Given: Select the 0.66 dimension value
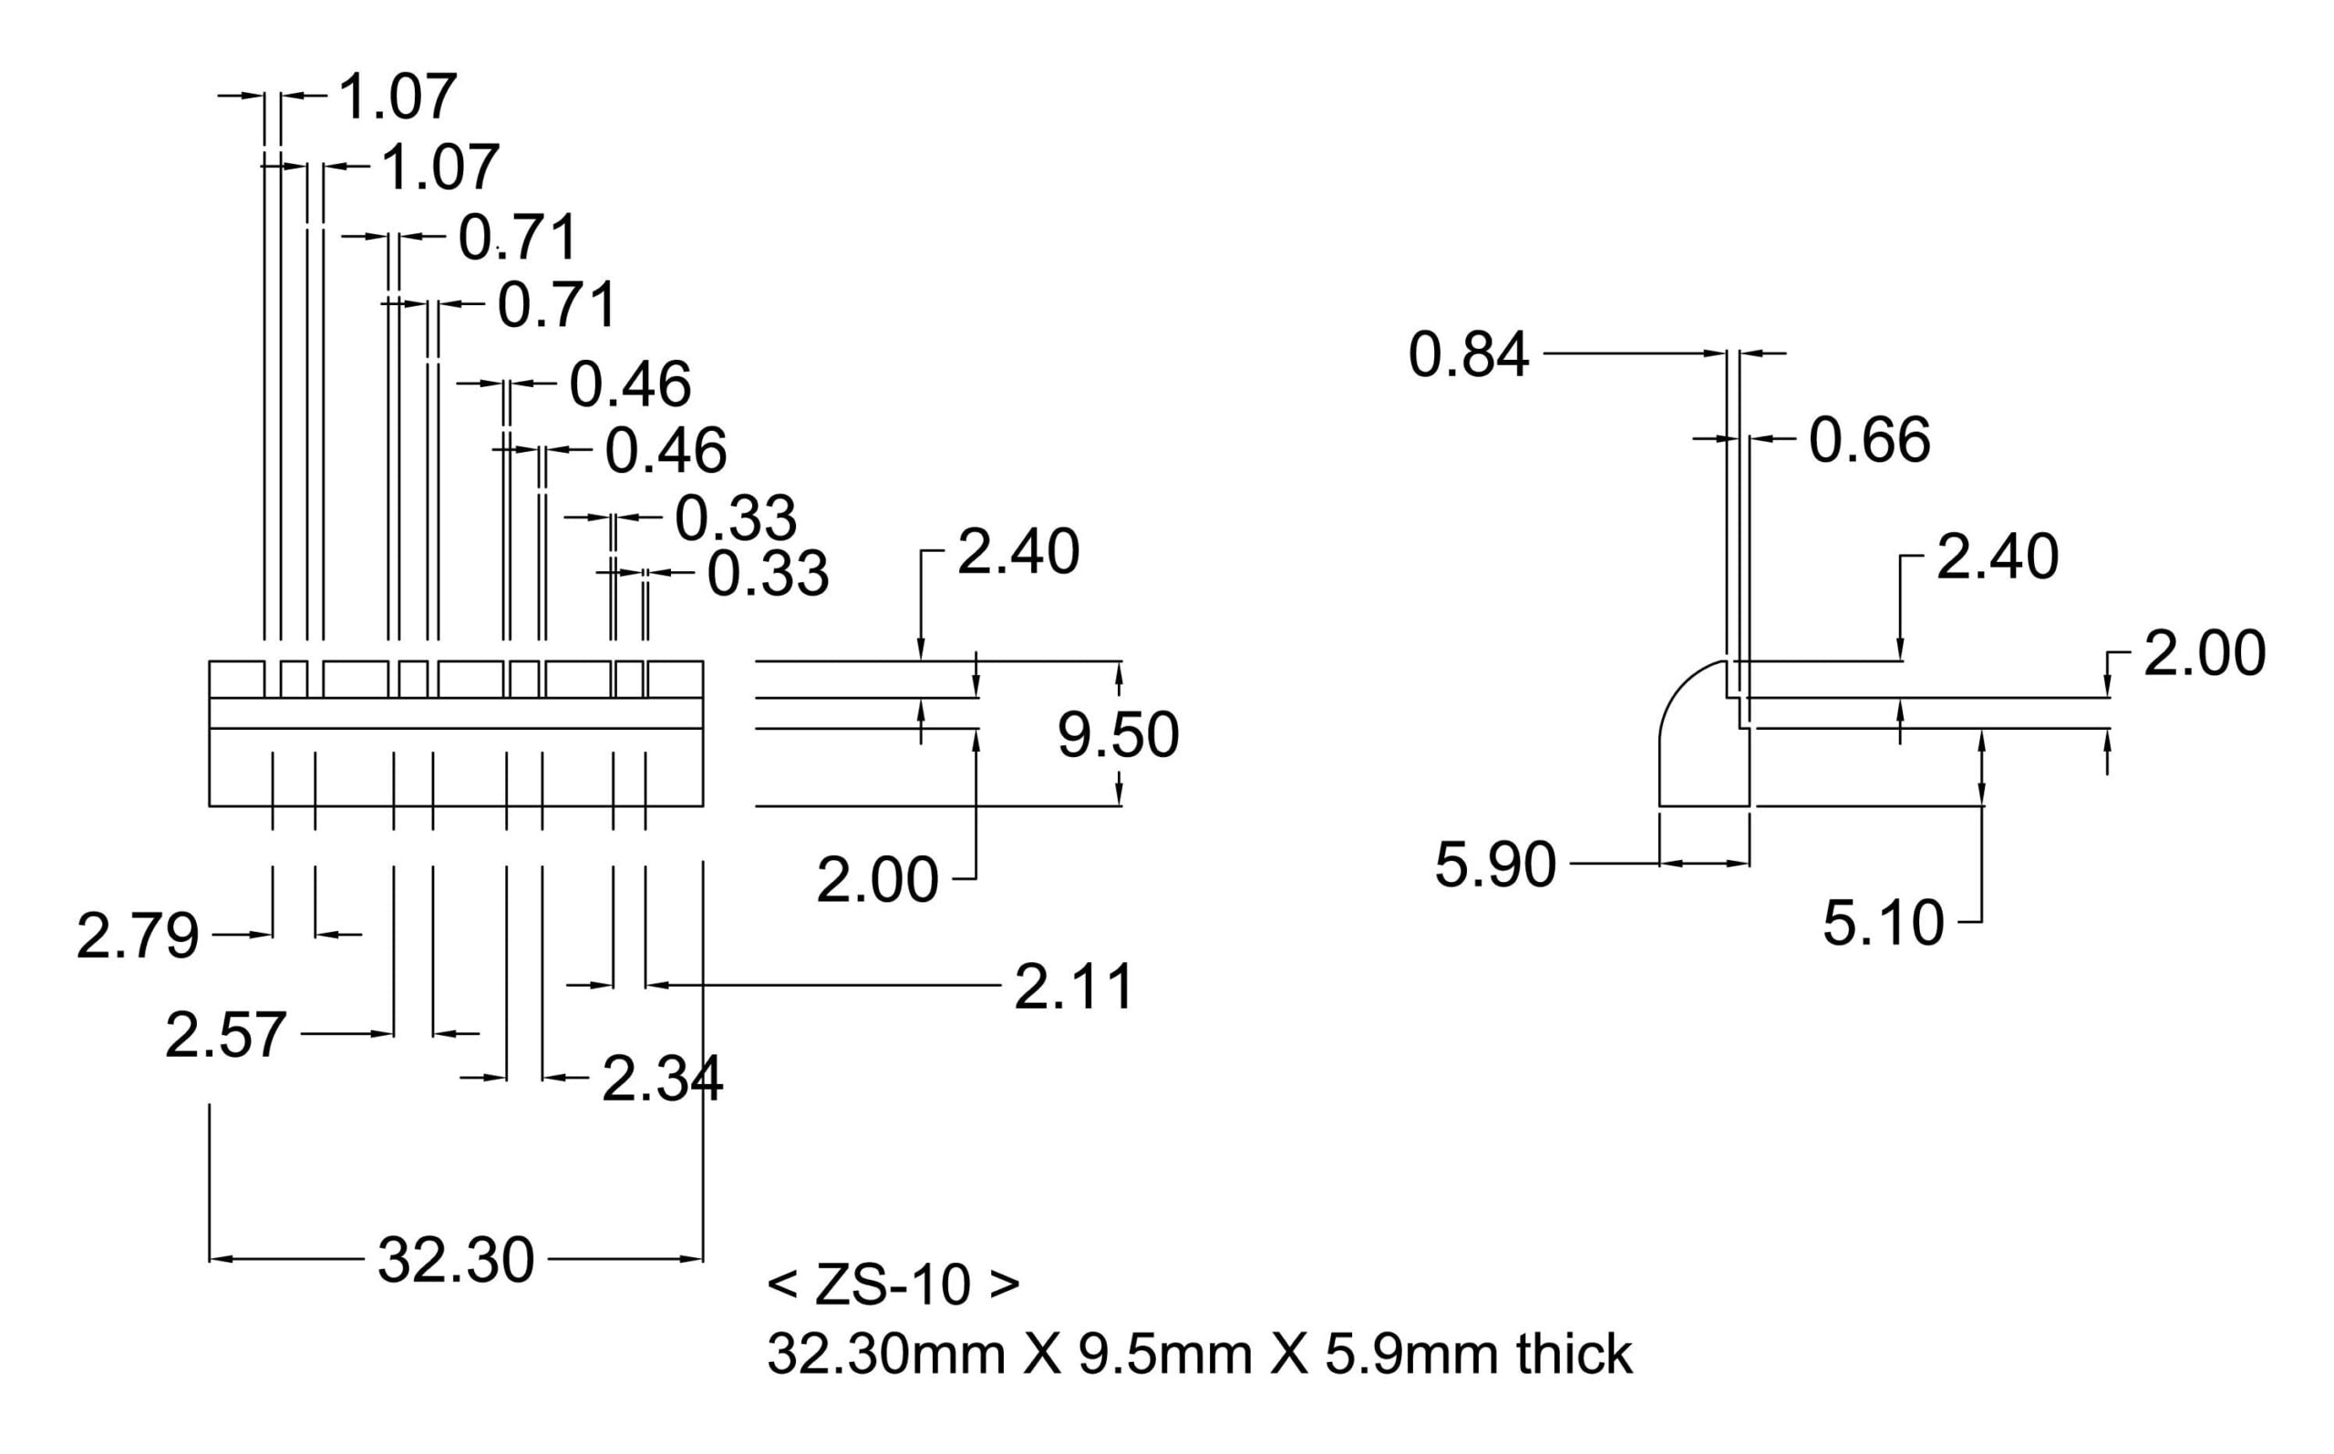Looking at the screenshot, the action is point(1869,440).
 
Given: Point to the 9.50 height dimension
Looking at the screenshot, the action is point(1118,736).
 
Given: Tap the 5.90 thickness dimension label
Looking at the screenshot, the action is point(1495,865).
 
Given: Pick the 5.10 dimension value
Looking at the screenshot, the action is point(1883,924).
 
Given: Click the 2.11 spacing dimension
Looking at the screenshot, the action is point(1074,988).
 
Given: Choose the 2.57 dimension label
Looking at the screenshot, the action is point(225,1036).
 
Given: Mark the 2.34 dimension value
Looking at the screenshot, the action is point(662,1079).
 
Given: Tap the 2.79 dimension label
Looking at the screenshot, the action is point(138,937).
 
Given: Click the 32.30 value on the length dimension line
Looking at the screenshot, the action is point(456,1261).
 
